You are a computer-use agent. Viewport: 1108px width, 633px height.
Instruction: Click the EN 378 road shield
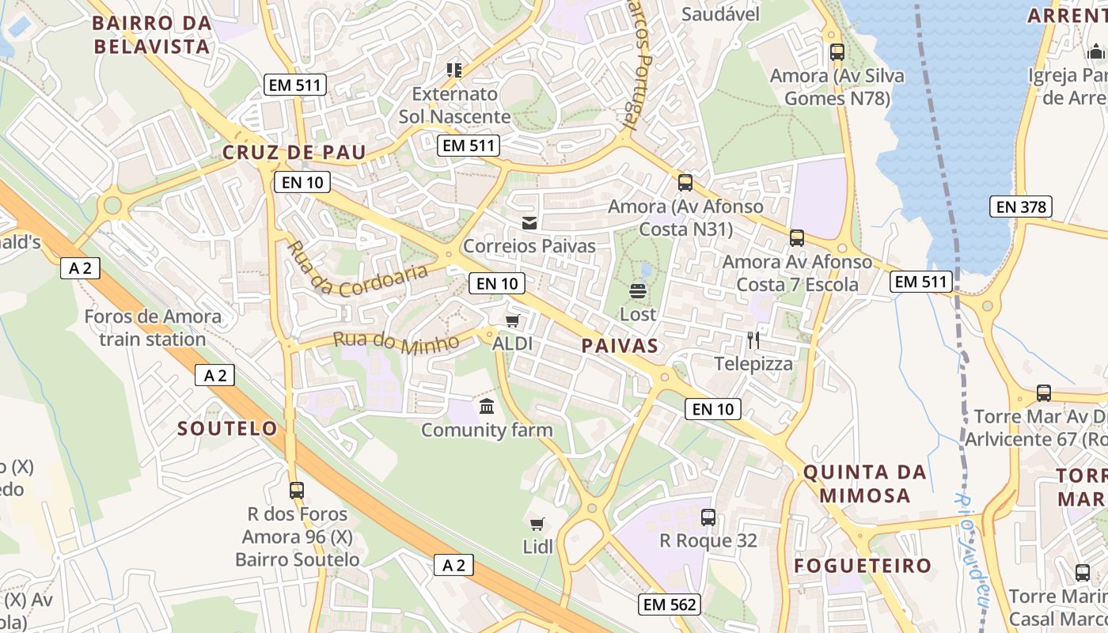[x=1022, y=207]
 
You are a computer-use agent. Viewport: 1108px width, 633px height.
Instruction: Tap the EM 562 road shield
[x=669, y=605]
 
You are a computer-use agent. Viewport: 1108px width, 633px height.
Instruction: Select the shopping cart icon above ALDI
[x=512, y=320]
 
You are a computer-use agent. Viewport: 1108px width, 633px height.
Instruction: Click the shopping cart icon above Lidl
[x=537, y=524]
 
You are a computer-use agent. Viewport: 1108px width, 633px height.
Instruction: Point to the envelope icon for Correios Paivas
[x=529, y=223]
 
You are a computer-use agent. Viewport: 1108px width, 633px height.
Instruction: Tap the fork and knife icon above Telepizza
[x=753, y=340]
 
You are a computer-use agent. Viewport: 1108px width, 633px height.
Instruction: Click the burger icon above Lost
[x=638, y=290]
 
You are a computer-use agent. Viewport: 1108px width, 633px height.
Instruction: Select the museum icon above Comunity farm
[x=487, y=407]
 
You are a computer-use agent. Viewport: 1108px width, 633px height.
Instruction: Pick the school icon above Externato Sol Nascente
[x=454, y=70]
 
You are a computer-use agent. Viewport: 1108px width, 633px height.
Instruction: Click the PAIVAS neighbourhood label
[x=620, y=346]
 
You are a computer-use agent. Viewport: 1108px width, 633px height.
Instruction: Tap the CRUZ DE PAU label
[x=294, y=153]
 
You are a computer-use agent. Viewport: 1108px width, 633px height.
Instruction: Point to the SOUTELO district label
[x=228, y=429]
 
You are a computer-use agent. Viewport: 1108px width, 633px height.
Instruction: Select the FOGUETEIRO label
[x=863, y=566]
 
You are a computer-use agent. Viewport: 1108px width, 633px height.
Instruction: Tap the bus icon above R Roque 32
[x=708, y=517]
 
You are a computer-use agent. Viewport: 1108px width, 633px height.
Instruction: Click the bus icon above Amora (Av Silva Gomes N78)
[x=837, y=52]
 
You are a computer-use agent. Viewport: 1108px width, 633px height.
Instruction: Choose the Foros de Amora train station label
[x=153, y=328]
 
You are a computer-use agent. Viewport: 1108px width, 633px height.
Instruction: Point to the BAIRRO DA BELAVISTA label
[x=152, y=35]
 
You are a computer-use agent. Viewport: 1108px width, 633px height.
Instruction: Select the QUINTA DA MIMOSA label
[x=865, y=483]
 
